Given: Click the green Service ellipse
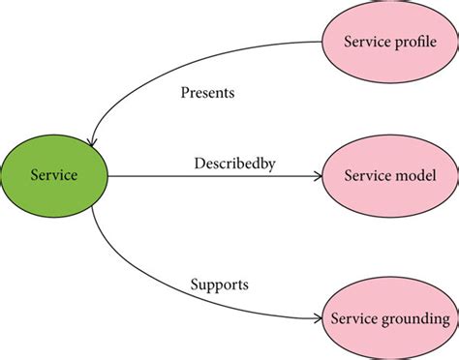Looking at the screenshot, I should tap(55, 176).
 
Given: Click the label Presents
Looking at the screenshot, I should tap(207, 94).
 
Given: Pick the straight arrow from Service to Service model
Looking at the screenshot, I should tap(213, 177).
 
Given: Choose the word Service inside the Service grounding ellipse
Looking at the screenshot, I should tap(353, 318).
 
